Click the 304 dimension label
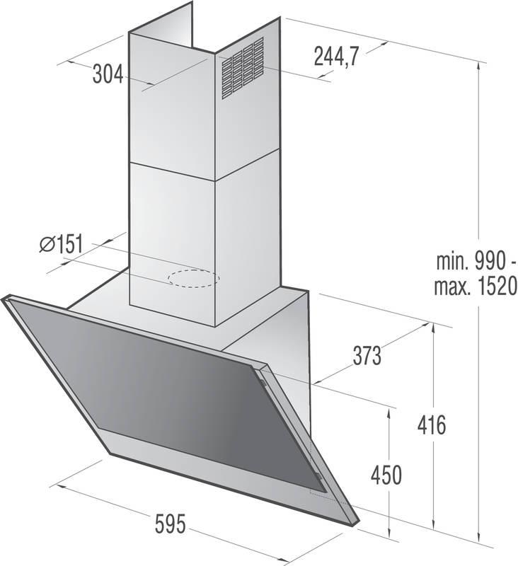pyautogui.click(x=108, y=73)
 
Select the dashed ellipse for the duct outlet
pyautogui.click(x=193, y=278)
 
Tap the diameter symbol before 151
pyautogui.click(x=47, y=245)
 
